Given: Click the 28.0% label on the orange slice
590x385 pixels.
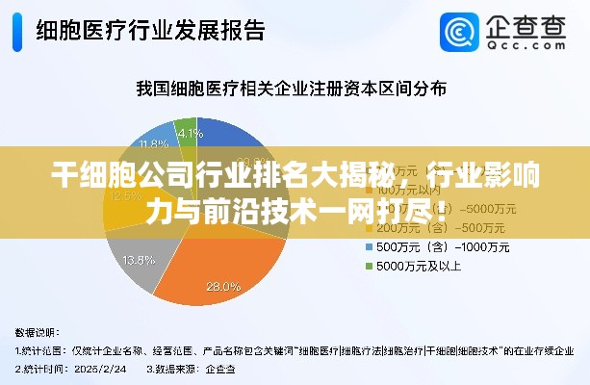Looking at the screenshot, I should [223, 286].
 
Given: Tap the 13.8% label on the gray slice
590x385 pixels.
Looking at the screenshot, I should [141, 260].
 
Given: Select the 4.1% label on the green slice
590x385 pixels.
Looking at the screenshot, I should [190, 134].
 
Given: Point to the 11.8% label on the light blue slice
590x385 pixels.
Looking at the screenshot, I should [152, 144].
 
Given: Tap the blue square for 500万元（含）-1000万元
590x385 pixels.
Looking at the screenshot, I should [367, 247].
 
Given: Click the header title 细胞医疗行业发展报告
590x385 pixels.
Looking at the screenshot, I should [150, 31].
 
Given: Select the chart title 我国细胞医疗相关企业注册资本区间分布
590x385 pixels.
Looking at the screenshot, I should [291, 90].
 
